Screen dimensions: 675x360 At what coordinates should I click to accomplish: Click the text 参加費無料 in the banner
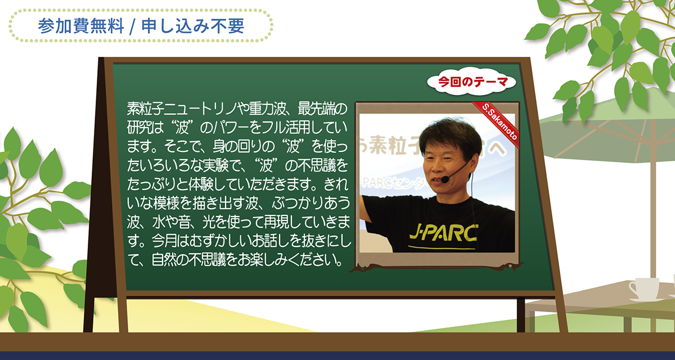81,26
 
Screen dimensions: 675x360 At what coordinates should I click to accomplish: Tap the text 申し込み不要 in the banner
193,26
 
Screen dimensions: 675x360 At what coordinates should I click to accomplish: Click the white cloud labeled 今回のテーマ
471,82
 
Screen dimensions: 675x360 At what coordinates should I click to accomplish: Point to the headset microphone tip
445,179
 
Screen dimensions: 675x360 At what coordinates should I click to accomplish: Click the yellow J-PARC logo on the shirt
444,233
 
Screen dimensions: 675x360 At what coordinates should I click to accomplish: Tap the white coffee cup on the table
644,289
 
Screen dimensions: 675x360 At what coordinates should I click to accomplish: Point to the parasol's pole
653,211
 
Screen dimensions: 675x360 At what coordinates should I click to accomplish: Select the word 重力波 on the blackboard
267,109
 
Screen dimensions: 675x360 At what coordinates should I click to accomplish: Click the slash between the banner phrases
133,27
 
